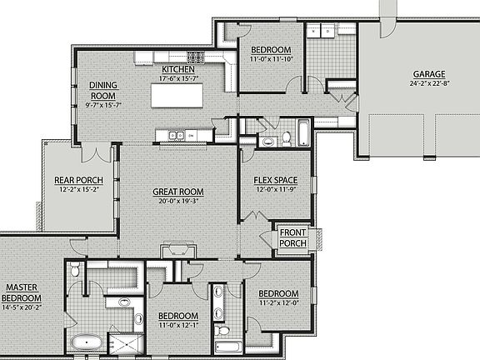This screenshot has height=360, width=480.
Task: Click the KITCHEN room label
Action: pos(178,68)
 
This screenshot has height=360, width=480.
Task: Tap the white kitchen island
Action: pos(177,95)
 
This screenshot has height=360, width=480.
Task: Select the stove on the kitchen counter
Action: pos(196,57)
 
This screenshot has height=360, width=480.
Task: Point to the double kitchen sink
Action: pos(177,135)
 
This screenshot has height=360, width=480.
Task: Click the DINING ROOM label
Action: pos(103,89)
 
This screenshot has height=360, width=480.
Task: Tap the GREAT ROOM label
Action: pos(178,192)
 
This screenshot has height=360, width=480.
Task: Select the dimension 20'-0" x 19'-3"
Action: pos(178,202)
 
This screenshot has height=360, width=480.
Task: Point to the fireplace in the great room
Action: pos(178,250)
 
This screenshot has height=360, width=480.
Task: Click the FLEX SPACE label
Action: pos(275,180)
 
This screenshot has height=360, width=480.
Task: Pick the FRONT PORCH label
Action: pos(293,237)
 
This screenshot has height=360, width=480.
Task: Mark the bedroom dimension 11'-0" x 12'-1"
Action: pos(178,326)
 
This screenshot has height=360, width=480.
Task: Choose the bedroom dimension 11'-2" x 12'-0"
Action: pos(277,304)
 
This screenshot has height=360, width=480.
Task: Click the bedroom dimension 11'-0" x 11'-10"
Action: pos(271,59)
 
